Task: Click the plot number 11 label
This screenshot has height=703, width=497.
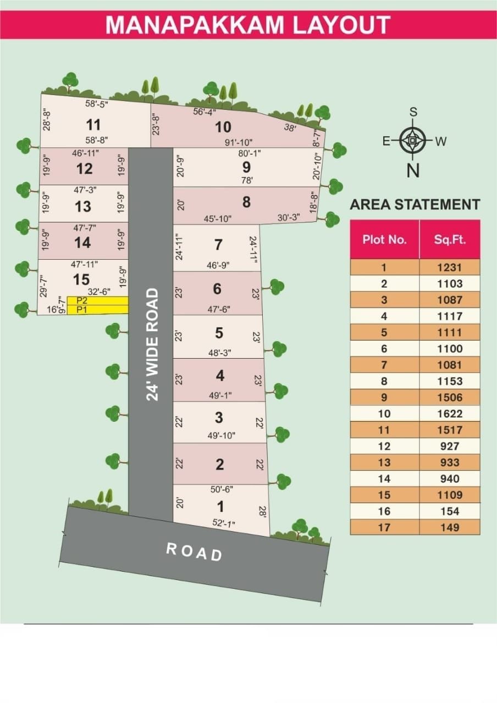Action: (93, 125)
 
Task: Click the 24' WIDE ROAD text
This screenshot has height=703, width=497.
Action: (152, 344)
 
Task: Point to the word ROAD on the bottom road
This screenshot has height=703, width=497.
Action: (194, 552)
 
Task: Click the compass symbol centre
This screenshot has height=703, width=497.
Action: (412, 141)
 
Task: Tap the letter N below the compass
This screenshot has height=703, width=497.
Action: (412, 171)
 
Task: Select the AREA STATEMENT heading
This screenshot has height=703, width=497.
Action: (415, 205)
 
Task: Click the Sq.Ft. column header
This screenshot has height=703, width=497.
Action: (449, 239)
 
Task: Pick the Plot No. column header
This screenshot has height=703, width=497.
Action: (384, 239)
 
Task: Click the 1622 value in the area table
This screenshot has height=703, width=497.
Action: (450, 414)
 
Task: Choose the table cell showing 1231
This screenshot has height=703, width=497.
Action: (450, 267)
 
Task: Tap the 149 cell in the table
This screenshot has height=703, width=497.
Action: (450, 527)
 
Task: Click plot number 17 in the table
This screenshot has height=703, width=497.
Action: (384, 527)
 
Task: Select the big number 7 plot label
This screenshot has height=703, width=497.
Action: (218, 244)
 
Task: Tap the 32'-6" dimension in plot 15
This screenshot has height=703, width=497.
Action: (98, 292)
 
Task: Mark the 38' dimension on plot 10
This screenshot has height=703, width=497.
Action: (290, 127)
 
